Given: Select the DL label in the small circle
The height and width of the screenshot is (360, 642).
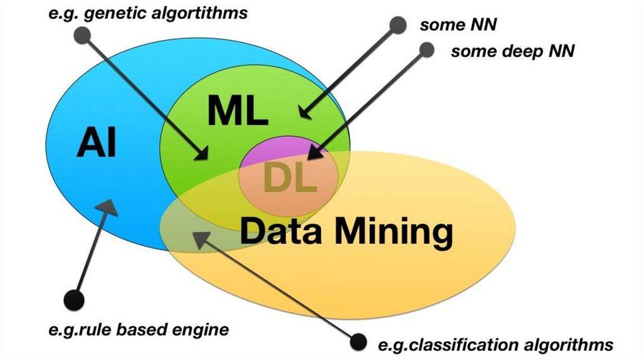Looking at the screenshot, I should click(x=290, y=178).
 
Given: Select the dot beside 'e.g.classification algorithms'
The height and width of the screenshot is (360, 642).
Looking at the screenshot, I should click(x=358, y=342).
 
